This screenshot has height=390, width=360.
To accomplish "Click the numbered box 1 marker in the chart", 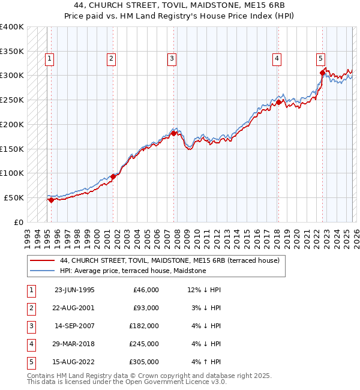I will tap(49, 58).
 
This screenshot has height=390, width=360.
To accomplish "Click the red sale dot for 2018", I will tap(278, 102).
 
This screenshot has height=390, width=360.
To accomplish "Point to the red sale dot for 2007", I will tap(173, 133).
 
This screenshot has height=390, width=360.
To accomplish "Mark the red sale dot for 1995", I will tap(52, 200).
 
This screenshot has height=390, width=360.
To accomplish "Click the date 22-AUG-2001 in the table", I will tap(74, 307).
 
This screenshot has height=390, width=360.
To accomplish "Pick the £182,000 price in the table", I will tap(145, 326).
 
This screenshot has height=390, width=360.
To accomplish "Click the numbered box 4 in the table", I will tap(31, 344).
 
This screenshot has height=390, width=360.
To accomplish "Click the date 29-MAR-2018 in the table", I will tap(74, 344).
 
